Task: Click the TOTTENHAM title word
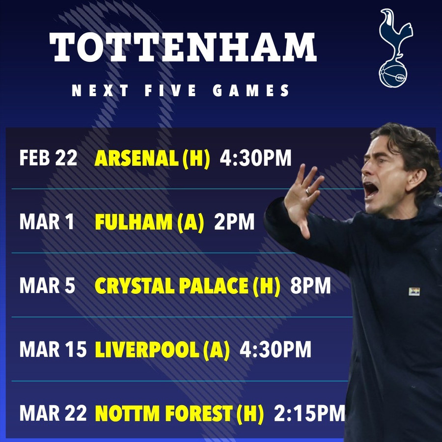pyautogui.click(x=183, y=48)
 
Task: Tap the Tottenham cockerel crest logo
pyautogui.click(x=396, y=48)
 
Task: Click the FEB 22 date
pyautogui.click(x=48, y=158)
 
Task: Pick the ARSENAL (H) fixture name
pyautogui.click(x=152, y=158)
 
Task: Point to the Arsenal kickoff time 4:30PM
pyautogui.click(x=255, y=158)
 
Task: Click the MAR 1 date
pyautogui.click(x=47, y=222)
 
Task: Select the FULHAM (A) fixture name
pyautogui.click(x=149, y=222)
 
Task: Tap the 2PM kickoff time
pyautogui.click(x=234, y=222)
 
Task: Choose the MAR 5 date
pyautogui.click(x=47, y=286)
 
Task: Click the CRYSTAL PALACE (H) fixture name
pyautogui.click(x=187, y=286)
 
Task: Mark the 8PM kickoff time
pyautogui.click(x=310, y=286)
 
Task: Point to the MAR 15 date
pyautogui.click(x=53, y=350)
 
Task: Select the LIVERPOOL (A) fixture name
pyautogui.click(x=162, y=350)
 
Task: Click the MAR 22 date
pyautogui.click(x=53, y=414)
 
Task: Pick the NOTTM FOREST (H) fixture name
pyautogui.click(x=179, y=414)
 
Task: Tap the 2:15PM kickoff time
pyautogui.click(x=309, y=414)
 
